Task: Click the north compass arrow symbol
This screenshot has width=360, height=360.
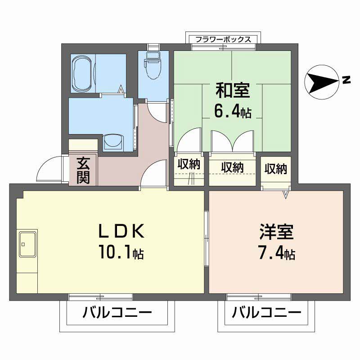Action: pyautogui.click(x=321, y=81)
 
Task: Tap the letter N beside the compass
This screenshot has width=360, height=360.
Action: pyautogui.click(x=346, y=81)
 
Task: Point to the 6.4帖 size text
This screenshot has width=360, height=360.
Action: pyautogui.click(x=232, y=111)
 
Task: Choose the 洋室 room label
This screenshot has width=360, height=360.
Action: pyautogui.click(x=276, y=232)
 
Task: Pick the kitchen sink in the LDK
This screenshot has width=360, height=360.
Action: pyautogui.click(x=27, y=243)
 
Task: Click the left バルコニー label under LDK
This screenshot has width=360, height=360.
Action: pyautogui.click(x=117, y=312)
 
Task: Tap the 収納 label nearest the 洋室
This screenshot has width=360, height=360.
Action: pyautogui.click(x=275, y=169)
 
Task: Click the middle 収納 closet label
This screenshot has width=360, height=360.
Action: pyautogui.click(x=232, y=167)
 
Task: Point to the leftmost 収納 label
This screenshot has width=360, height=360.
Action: pyautogui.click(x=189, y=165)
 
